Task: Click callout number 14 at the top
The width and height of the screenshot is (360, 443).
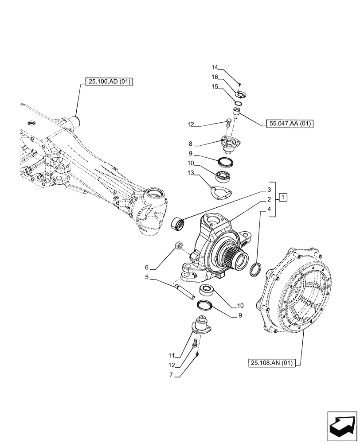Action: pos(215,68)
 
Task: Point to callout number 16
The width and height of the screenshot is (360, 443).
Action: pos(215,76)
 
